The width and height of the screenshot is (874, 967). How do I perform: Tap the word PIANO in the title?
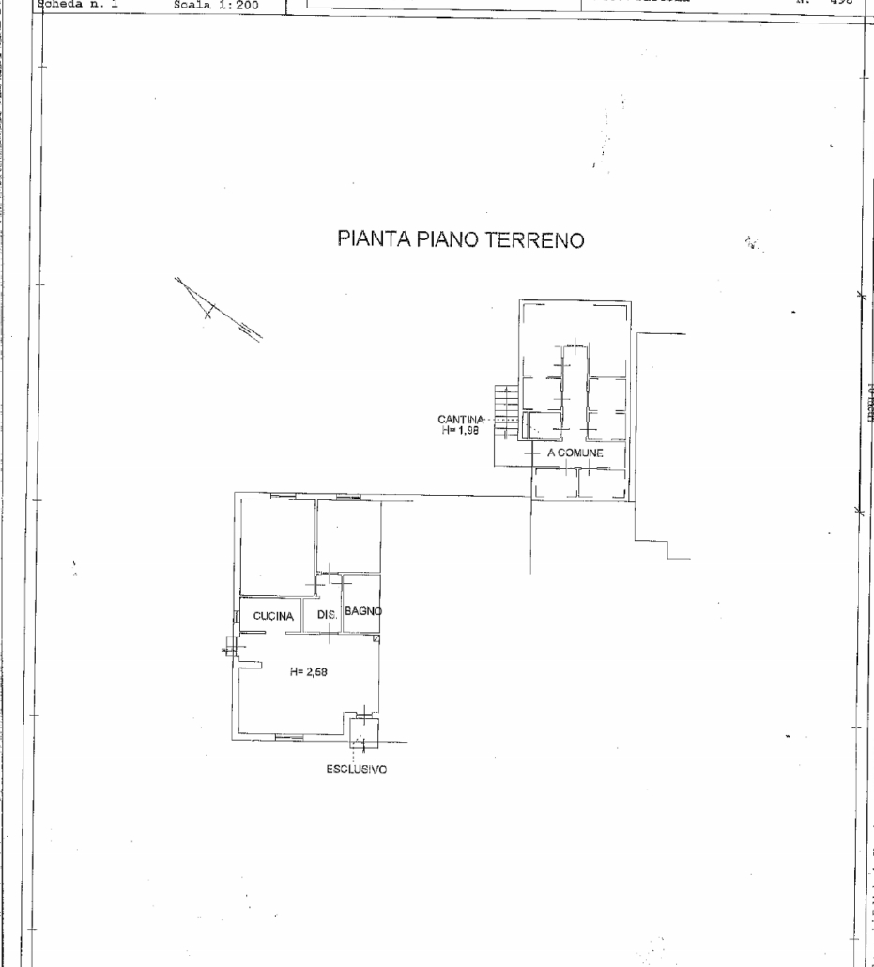[x=447, y=240]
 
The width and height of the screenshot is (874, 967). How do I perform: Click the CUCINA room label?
[x=274, y=617]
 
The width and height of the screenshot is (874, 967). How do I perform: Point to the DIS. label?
[x=327, y=616]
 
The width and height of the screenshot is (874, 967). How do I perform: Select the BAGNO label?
[x=363, y=611]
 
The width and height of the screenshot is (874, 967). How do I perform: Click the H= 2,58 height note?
[x=308, y=671]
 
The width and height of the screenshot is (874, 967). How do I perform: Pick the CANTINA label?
[x=460, y=419]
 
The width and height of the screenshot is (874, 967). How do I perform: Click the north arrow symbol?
[x=218, y=309]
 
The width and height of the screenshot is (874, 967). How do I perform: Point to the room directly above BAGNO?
[x=349, y=535]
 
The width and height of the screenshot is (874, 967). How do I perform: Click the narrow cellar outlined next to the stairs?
[x=542, y=424]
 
